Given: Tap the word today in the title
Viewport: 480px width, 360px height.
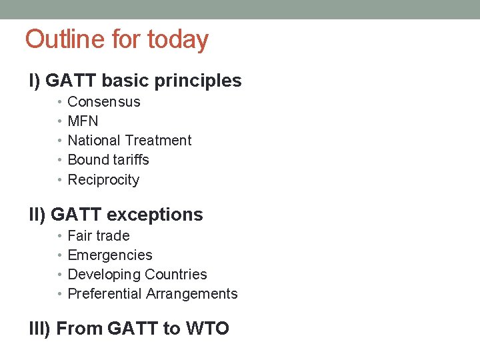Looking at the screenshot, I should [x=177, y=40].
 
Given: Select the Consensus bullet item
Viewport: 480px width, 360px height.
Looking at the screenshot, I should [x=104, y=102].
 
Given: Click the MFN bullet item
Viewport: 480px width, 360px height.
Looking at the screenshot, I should [x=83, y=121].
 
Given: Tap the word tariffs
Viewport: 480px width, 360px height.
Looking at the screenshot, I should [x=131, y=160].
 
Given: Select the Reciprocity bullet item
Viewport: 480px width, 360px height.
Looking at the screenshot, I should [x=103, y=180].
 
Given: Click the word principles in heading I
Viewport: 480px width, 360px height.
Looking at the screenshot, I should [x=198, y=81].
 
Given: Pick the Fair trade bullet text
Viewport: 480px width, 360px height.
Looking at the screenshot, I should [x=99, y=236].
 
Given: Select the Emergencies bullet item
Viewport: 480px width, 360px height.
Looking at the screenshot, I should [x=110, y=255].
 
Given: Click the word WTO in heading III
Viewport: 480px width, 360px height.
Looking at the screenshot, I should [x=205, y=329].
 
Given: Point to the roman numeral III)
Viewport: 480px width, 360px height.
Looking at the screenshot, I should [x=40, y=329].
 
